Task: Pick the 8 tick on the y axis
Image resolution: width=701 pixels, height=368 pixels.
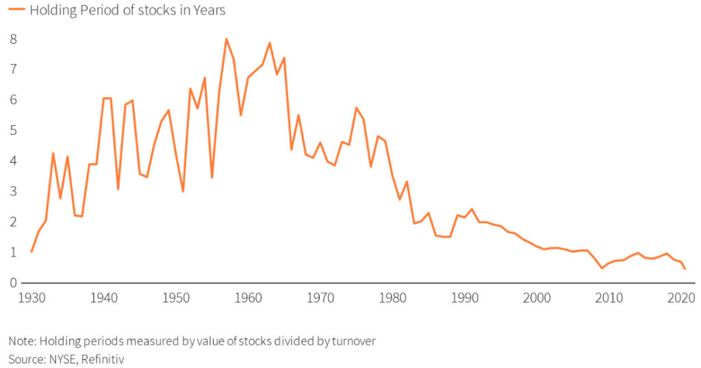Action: [14, 39]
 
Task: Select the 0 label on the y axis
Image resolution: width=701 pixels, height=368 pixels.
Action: [14, 282]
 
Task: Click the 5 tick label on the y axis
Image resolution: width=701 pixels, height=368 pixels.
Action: [14, 130]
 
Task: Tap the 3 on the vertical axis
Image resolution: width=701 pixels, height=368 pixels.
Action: [14, 191]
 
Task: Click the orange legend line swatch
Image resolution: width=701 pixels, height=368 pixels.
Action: [16, 10]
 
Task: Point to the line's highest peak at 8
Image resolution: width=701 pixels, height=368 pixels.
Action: [226, 39]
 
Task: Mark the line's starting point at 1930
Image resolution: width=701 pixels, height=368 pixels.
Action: [31, 252]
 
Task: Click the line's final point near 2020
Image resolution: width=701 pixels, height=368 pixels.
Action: [685, 269]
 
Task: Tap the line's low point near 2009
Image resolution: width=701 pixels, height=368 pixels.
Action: [602, 268]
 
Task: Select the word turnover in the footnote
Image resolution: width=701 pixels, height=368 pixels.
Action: [353, 341]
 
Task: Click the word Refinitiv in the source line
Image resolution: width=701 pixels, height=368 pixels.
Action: [103, 358]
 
